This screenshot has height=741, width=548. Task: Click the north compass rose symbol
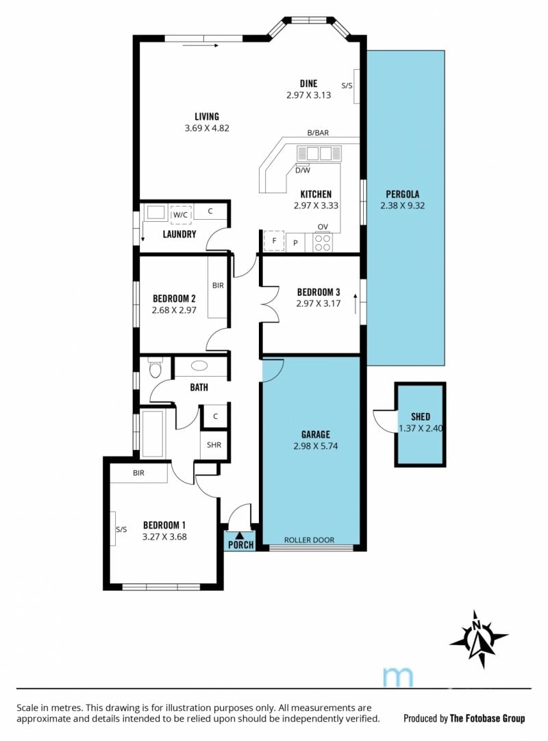click(x=479, y=639)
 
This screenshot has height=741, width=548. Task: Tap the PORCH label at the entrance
click(x=240, y=545)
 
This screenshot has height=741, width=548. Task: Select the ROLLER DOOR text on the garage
click(x=309, y=540)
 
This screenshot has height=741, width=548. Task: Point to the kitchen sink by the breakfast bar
click(x=319, y=153)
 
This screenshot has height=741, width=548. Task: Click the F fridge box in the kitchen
click(x=274, y=241)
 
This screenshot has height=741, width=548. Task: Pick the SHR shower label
click(x=214, y=444)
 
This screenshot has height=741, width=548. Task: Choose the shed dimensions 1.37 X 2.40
click(x=421, y=429)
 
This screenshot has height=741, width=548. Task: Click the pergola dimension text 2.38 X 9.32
click(x=402, y=205)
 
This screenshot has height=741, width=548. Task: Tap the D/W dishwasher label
click(x=303, y=171)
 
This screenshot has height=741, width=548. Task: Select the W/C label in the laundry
click(x=180, y=215)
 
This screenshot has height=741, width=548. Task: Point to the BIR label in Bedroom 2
click(x=218, y=286)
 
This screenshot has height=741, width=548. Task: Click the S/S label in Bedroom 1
click(x=121, y=530)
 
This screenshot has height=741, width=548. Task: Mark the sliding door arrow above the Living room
click(x=200, y=46)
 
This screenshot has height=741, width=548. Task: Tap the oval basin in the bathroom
click(x=199, y=366)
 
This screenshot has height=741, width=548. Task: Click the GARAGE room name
click(x=315, y=434)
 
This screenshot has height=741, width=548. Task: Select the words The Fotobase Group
click(x=487, y=718)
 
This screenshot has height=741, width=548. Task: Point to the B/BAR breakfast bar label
click(x=318, y=133)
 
